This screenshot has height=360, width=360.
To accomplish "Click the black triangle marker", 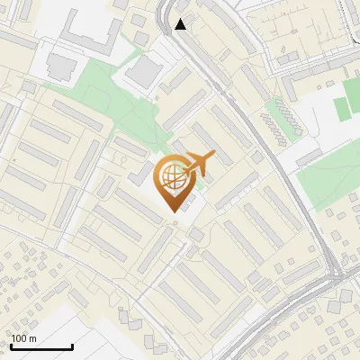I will (x=181, y=24).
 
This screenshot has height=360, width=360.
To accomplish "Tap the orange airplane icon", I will (x=199, y=164).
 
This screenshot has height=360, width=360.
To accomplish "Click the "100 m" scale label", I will (x=24, y=338).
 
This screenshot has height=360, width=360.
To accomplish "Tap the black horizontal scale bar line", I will (x=41, y=347).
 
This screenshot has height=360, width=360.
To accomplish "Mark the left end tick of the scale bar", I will (x=11, y=346).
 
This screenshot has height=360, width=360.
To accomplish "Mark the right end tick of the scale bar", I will (x=72, y=346).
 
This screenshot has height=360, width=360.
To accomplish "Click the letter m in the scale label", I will (x=32, y=338).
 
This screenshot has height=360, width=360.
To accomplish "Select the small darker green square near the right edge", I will (x=341, y=108).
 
